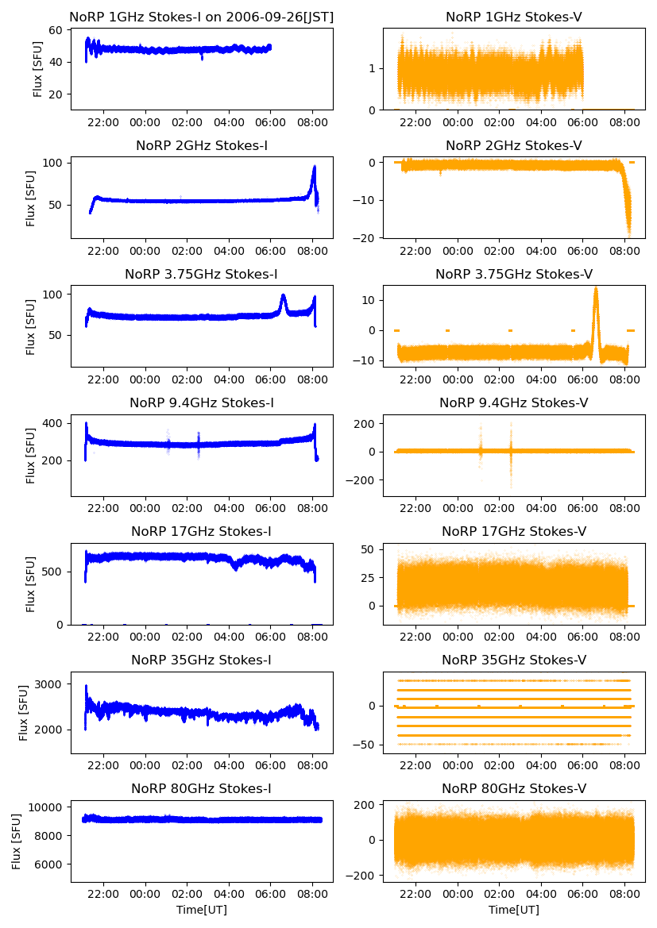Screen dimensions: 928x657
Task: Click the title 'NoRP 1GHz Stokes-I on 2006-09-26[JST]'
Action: [202, 17]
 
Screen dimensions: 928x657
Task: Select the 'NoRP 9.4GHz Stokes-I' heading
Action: [202, 402]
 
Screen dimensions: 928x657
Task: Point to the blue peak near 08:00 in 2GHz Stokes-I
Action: [314, 168]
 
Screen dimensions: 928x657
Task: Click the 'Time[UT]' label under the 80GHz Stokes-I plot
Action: [202, 910]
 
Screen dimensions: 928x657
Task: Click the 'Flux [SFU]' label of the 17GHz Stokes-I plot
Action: [31, 583]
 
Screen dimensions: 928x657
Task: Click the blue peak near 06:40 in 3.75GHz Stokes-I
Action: [283, 296]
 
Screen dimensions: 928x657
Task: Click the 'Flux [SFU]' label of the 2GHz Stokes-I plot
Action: [31, 198]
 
